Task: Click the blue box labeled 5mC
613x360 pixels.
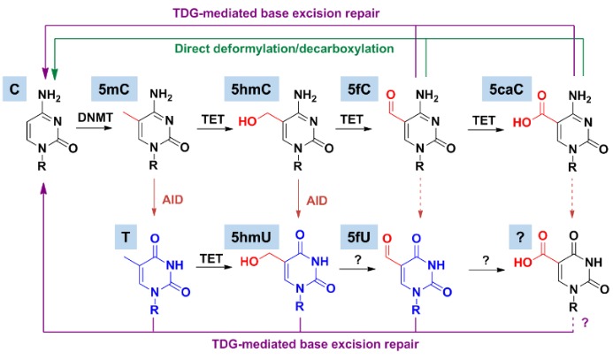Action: point(111,88)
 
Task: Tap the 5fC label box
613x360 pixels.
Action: point(366,88)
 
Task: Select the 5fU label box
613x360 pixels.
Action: point(366,235)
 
